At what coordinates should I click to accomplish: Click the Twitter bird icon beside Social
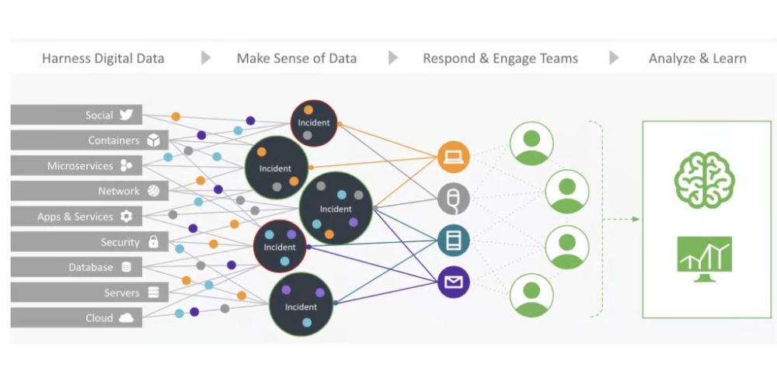pos(126,115)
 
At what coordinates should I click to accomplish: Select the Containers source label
pos(113,140)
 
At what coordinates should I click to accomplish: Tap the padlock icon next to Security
pos(153,242)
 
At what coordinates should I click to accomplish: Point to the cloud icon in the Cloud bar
pos(126,317)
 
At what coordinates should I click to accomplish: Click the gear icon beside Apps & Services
pos(126,217)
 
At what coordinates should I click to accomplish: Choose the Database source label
pos(91,267)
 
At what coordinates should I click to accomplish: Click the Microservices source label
pos(80,166)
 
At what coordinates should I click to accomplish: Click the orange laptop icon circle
pos(453,158)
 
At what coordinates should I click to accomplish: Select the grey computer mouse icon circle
pos(453,199)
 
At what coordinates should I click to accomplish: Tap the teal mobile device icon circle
pos(453,241)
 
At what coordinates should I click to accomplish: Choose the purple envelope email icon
pos(453,282)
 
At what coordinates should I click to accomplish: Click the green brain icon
pos(704,178)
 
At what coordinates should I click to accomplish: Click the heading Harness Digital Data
pos(103,58)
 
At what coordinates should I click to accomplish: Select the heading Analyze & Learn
pos(697,58)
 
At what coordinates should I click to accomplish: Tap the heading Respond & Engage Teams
pos(500,58)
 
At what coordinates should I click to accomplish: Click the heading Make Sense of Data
pos(296,58)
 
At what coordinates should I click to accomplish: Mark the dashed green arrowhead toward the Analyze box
pos(635,220)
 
